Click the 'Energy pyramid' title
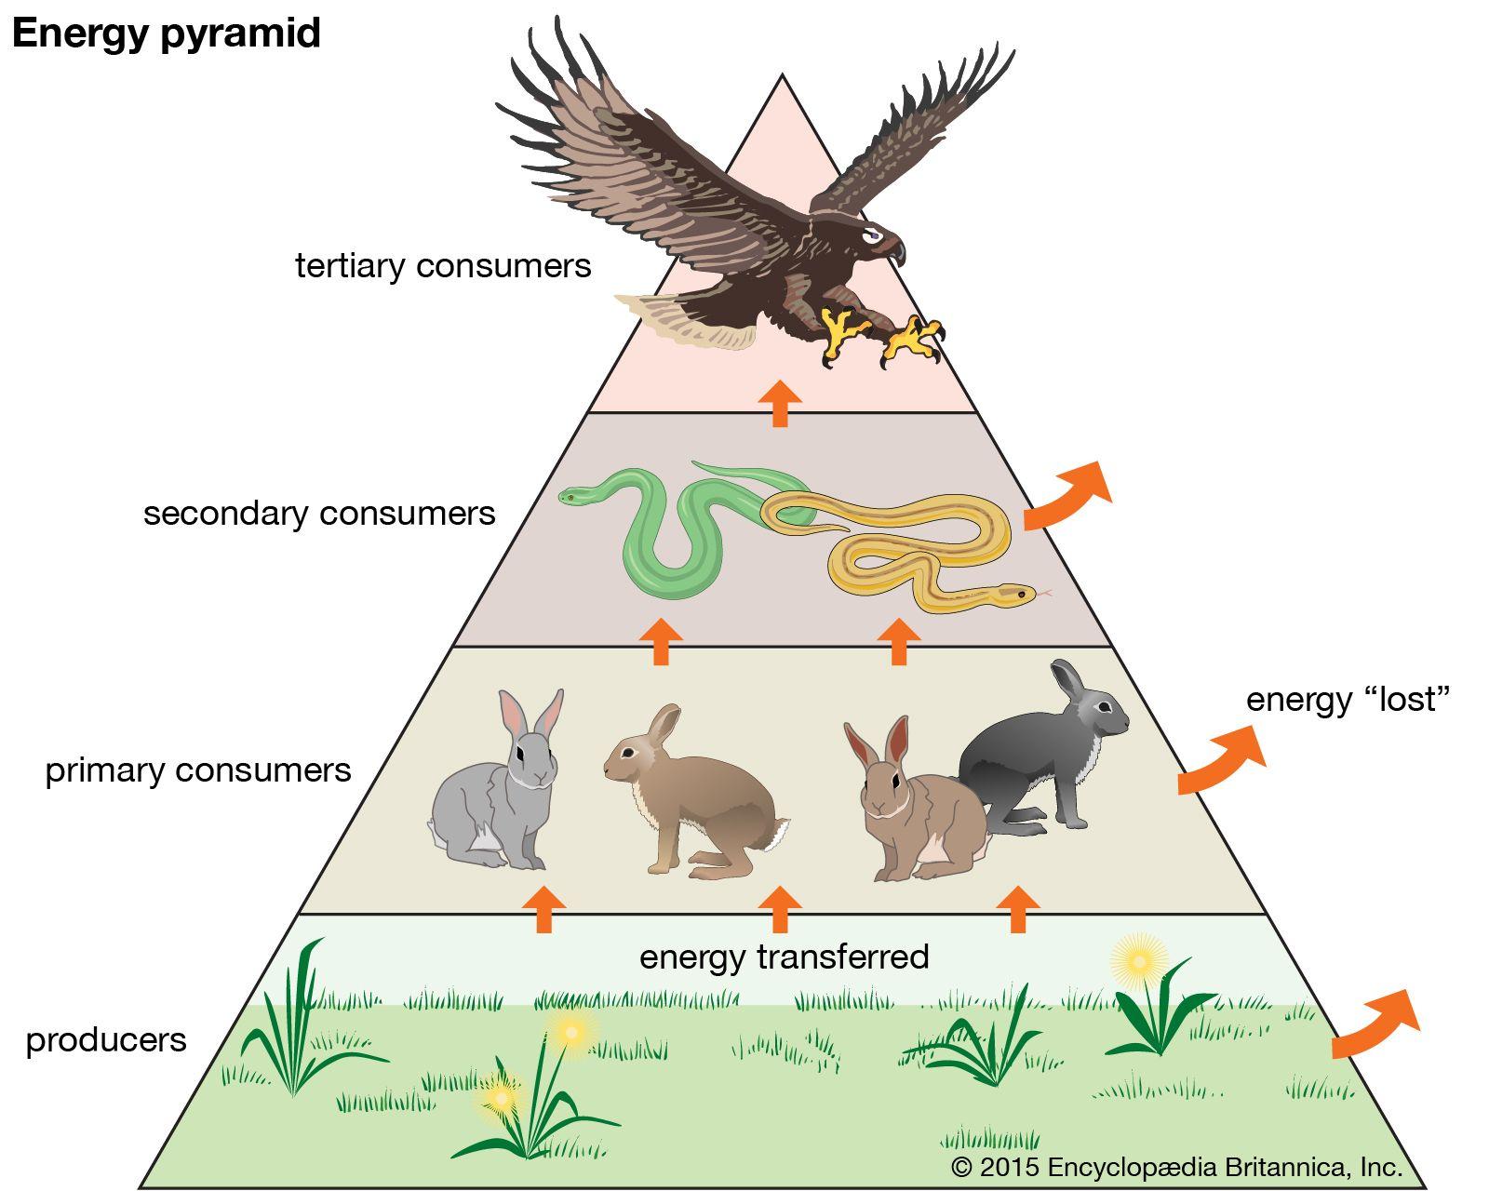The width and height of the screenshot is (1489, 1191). pyautogui.click(x=166, y=33)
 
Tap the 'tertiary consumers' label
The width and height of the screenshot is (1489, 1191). pyautogui.click(x=443, y=266)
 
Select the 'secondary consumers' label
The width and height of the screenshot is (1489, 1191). pyautogui.click(x=319, y=514)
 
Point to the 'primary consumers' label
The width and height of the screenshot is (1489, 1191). pyautogui.click(x=198, y=770)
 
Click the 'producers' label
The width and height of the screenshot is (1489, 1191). pyautogui.click(x=106, y=1039)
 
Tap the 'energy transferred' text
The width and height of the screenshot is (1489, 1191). pyautogui.click(x=784, y=957)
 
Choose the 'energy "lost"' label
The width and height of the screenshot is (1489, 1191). pyautogui.click(x=1348, y=700)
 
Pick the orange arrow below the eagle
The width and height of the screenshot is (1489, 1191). pyautogui.click(x=780, y=403)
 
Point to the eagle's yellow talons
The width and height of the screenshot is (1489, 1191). pyautogui.click(x=884, y=335)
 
